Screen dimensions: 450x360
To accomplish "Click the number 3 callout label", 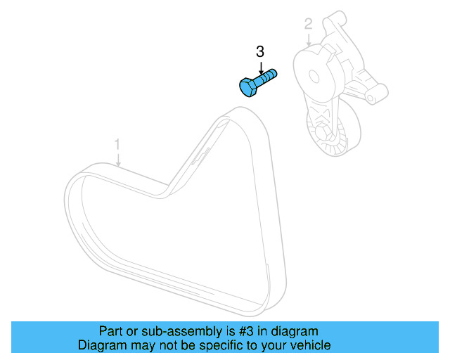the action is (260, 52).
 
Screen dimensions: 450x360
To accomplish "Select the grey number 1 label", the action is (118, 145).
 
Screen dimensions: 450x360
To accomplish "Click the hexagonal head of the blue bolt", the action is (248, 88).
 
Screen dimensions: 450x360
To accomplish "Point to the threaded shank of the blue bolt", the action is (267, 76).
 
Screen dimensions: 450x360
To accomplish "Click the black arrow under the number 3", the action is (260, 67).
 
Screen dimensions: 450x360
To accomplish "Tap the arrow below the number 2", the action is (308, 41).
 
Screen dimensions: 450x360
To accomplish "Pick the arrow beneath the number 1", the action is (118, 160).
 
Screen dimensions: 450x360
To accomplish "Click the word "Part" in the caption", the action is (108, 331).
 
